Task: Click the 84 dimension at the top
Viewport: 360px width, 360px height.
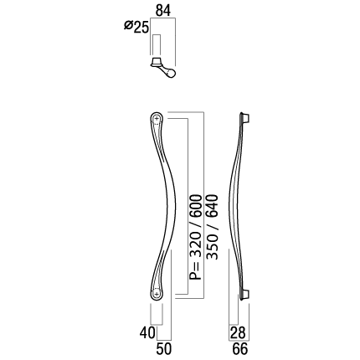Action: (x=163, y=11)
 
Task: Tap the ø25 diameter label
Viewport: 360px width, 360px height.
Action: (x=136, y=27)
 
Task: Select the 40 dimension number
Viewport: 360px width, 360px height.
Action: (x=147, y=332)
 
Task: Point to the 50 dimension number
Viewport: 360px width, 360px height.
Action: (x=164, y=349)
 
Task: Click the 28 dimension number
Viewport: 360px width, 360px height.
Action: (x=238, y=332)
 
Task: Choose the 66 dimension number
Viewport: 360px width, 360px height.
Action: (x=240, y=349)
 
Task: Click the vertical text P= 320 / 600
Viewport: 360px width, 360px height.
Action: (x=195, y=237)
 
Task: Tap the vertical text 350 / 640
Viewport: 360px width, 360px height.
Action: (x=212, y=227)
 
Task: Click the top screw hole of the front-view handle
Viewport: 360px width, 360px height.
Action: (x=157, y=119)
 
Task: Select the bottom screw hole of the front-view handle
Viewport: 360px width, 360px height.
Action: (x=157, y=294)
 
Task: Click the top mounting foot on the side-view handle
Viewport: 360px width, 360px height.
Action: (x=245, y=118)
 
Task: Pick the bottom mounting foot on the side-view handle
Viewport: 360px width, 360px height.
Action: (x=244, y=295)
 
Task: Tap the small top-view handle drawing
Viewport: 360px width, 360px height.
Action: (x=163, y=67)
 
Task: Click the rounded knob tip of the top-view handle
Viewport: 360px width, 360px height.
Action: (x=171, y=73)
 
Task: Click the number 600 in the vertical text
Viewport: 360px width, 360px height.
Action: (x=195, y=205)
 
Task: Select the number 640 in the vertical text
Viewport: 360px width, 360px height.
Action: (x=212, y=205)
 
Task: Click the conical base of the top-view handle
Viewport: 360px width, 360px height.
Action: (x=157, y=62)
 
